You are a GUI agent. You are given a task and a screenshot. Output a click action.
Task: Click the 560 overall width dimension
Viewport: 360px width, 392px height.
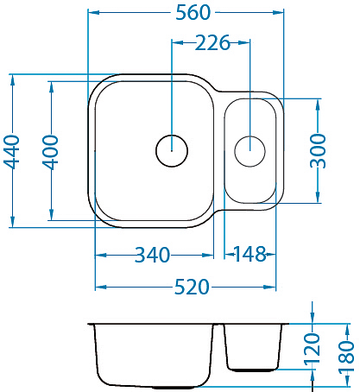(193, 13)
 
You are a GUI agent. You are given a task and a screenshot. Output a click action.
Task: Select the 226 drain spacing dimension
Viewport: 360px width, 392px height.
(212, 43)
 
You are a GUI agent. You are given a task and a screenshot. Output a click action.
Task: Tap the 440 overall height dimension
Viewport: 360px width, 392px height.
(12, 151)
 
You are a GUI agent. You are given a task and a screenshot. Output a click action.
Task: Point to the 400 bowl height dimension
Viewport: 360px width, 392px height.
(51, 152)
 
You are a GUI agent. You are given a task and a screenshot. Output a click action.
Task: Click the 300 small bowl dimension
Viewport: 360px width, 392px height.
(319, 151)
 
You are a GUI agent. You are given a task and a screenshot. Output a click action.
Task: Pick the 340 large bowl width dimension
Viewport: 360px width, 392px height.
(153, 255)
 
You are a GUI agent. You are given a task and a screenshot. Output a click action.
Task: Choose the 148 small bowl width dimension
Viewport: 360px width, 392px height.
(249, 255)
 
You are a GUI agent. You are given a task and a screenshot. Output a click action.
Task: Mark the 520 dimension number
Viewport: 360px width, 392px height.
(192, 287)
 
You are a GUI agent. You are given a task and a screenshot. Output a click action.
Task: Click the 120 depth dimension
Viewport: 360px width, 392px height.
(313, 349)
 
